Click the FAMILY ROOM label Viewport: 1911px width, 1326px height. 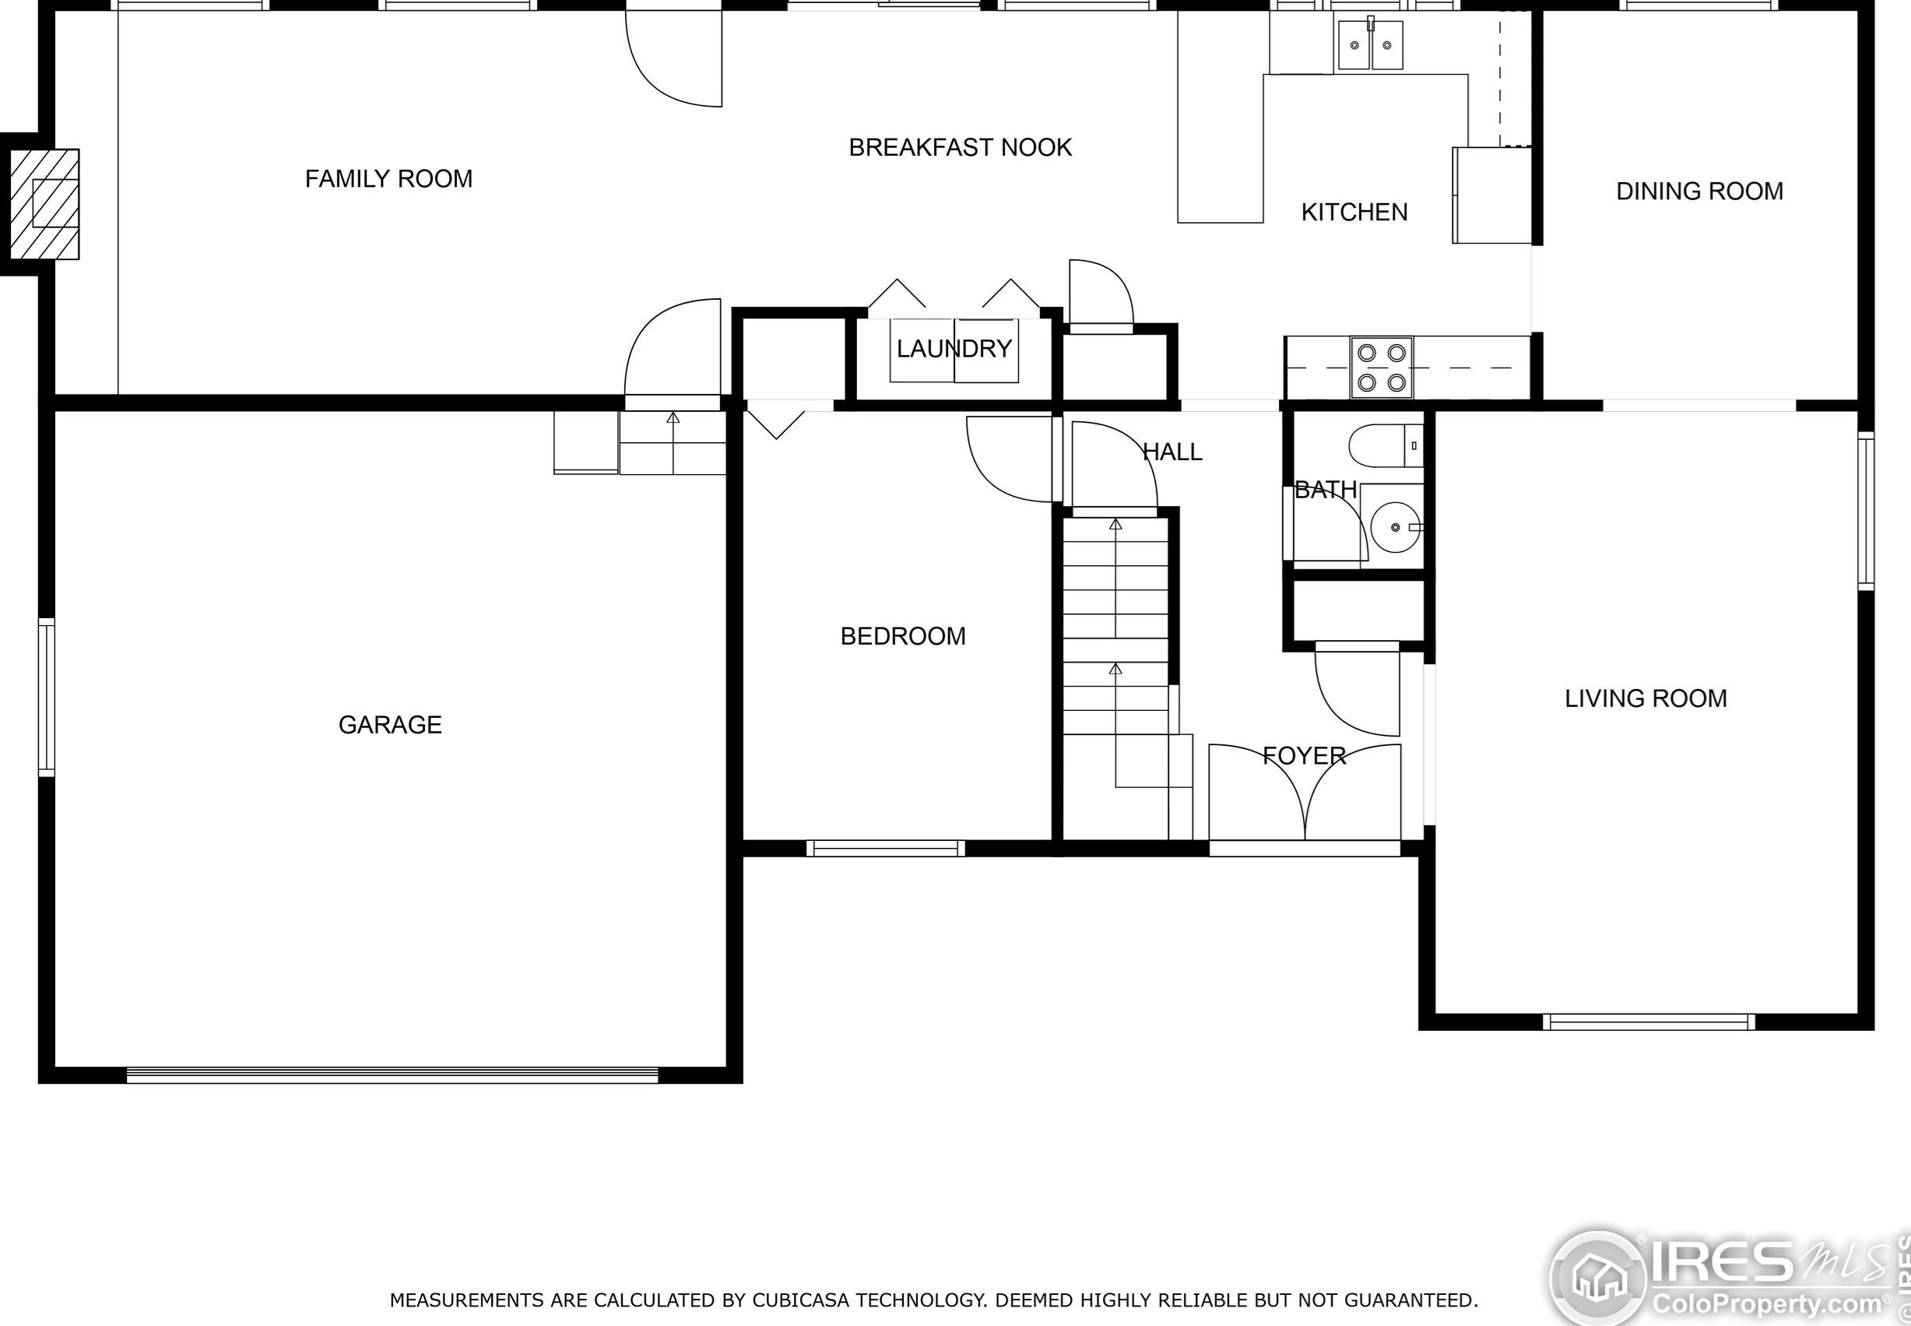tap(388, 178)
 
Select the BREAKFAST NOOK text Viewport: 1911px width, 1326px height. tap(959, 148)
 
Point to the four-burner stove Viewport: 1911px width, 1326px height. tap(1381, 368)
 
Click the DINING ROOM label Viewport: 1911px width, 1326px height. tap(1699, 191)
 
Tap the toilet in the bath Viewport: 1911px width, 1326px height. tap(1385, 446)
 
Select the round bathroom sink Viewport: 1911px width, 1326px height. tap(1395, 527)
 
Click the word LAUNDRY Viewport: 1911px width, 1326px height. tap(954, 348)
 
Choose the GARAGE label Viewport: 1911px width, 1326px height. tap(389, 724)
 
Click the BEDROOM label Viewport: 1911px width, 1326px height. tap(903, 636)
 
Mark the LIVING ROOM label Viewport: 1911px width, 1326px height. tap(1646, 698)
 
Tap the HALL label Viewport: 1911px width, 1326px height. tap(1172, 452)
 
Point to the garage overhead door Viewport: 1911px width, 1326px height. tap(392, 1075)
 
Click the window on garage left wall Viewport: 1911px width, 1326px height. tap(47, 698)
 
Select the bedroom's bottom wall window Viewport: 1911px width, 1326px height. tap(885, 848)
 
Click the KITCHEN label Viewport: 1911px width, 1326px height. tap(1354, 213)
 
